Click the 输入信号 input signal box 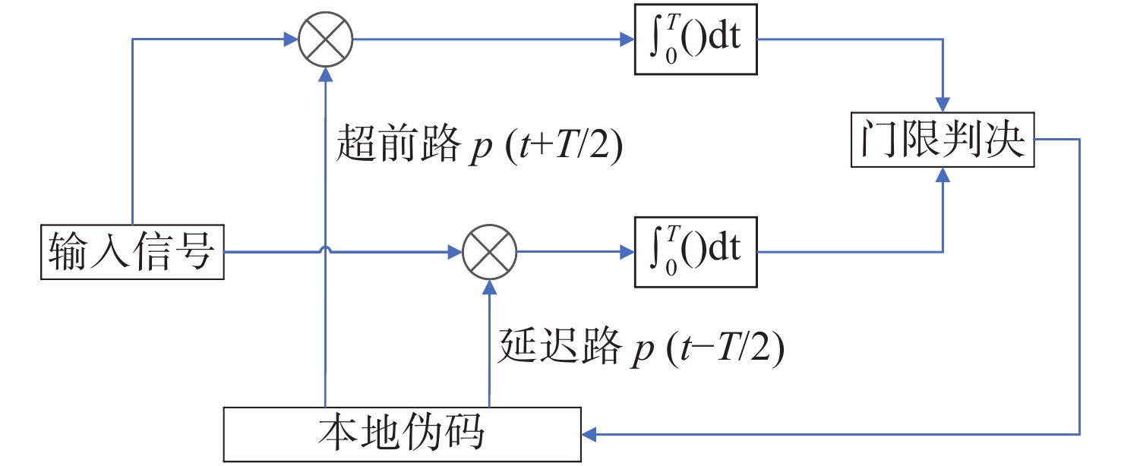tap(132, 252)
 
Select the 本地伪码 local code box tap(403, 434)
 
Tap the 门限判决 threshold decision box tap(943, 141)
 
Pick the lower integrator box tap(696, 252)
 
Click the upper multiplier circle tap(325, 40)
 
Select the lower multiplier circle tap(490, 252)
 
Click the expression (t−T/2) tap(725, 348)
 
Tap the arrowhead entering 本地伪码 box tap(589, 434)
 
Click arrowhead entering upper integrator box tap(627, 40)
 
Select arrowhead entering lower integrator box tap(627, 252)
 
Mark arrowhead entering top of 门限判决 tap(943, 106)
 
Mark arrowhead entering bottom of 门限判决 tap(943, 175)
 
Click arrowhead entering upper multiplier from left tap(291, 40)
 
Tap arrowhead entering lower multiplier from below tap(490, 286)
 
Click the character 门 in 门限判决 tap(873, 141)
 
